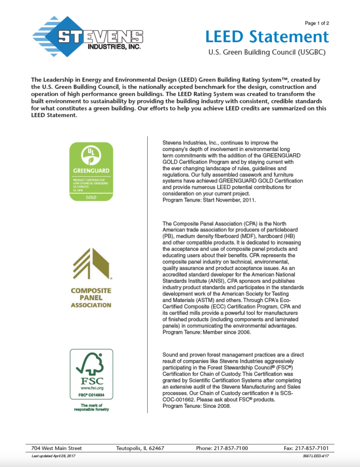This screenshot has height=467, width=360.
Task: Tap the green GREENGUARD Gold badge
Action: (x=91, y=172)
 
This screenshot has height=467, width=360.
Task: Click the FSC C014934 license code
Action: (x=91, y=395)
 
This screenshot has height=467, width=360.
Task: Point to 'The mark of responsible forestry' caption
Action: (x=91, y=407)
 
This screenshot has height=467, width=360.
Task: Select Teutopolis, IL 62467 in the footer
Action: (x=140, y=448)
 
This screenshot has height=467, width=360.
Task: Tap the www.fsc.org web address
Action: (x=91, y=388)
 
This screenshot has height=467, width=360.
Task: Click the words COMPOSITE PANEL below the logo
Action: (x=91, y=294)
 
